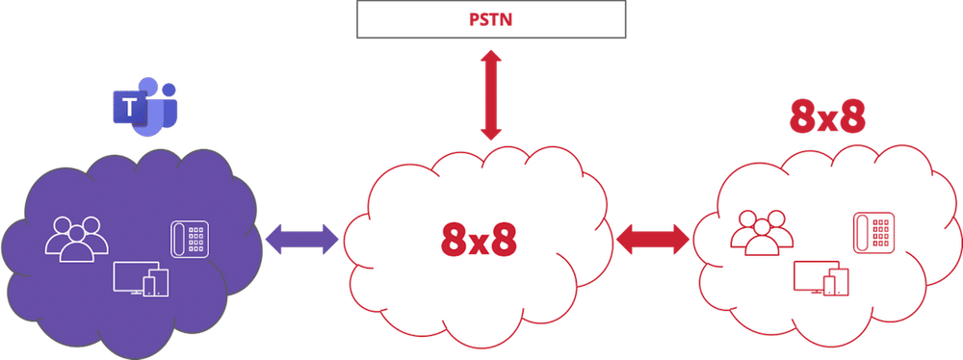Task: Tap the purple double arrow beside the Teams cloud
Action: [x=300, y=238]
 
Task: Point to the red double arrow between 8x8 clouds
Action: [x=653, y=238]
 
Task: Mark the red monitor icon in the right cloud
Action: [x=811, y=276]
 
